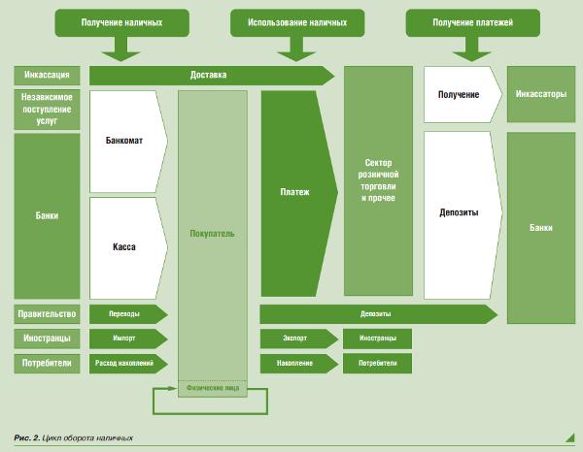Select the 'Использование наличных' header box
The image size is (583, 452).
(297, 20)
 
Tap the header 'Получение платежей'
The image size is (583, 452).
(472, 20)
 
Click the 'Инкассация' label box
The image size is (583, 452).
(46, 75)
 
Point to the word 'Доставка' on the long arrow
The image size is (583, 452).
(209, 75)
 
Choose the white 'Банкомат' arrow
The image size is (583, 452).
(124, 141)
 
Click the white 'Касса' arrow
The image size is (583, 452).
(124, 246)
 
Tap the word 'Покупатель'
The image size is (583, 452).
(212, 234)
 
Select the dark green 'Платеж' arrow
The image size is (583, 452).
(295, 192)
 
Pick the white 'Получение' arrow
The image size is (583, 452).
(460, 94)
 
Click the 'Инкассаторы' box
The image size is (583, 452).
(540, 94)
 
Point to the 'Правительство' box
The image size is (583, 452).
(46, 313)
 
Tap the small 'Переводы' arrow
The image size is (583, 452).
(124, 313)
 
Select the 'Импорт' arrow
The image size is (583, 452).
(124, 339)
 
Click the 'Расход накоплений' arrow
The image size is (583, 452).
(124, 364)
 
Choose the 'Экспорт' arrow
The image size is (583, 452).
(295, 339)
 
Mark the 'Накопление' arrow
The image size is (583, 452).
(295, 364)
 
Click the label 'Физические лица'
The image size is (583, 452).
(212, 386)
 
